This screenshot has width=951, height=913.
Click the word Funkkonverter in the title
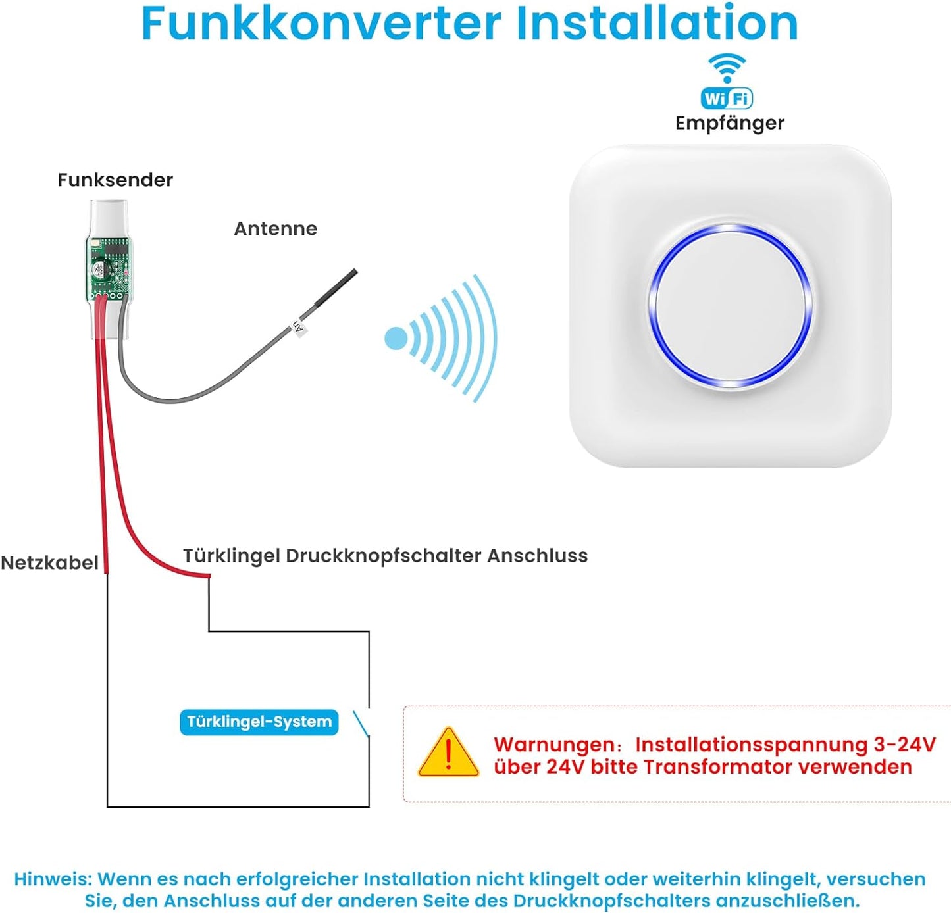pyautogui.click(x=321, y=24)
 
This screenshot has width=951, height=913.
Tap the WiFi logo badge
pyautogui.click(x=727, y=99)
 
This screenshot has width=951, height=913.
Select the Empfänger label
pyautogui.click(x=729, y=123)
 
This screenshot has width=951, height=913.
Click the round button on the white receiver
pyautogui.click(x=729, y=307)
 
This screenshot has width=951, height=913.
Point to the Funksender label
pyautogui.click(x=115, y=180)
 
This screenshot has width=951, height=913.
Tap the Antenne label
pyautogui.click(x=275, y=229)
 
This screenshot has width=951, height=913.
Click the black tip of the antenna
pyautogui.click(x=337, y=287)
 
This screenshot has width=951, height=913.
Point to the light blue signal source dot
pyautogui.click(x=396, y=339)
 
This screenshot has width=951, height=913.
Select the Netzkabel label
pyautogui.click(x=49, y=563)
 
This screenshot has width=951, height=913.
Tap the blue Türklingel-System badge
pyautogui.click(x=259, y=722)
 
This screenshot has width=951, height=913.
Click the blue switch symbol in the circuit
pyautogui.click(x=361, y=723)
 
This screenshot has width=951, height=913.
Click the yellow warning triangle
pyautogui.click(x=448, y=754)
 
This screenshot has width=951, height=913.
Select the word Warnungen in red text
pyautogui.click(x=554, y=745)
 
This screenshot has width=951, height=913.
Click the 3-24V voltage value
pyautogui.click(x=904, y=745)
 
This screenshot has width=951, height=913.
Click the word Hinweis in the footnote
pyautogui.click(x=53, y=879)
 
